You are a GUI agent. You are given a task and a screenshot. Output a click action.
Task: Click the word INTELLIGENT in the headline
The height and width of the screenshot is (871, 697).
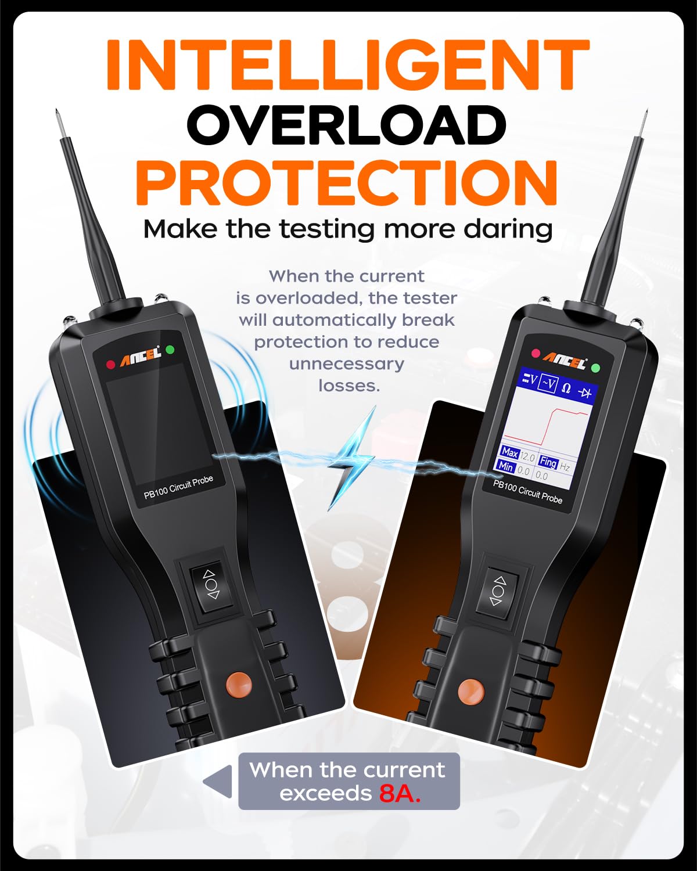(x=347, y=65)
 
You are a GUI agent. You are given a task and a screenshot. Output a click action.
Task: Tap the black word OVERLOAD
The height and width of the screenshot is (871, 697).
(x=347, y=125)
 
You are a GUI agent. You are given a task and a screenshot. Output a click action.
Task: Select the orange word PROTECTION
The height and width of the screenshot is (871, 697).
(x=347, y=182)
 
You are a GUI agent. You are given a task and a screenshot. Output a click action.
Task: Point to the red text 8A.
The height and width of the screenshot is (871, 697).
(x=400, y=794)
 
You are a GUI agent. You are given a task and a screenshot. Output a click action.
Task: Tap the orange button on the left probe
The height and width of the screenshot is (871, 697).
(x=239, y=684)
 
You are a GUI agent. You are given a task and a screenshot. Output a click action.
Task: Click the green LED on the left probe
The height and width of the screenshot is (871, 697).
(x=170, y=350)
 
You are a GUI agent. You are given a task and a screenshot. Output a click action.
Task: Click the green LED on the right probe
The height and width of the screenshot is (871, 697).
(x=595, y=368)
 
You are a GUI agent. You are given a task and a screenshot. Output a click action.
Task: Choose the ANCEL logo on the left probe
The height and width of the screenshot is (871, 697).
(x=140, y=356)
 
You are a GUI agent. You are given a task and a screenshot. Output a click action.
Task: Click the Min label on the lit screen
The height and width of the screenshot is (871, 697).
(x=505, y=466)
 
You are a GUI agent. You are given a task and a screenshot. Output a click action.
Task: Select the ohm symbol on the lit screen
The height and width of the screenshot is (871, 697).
(x=566, y=388)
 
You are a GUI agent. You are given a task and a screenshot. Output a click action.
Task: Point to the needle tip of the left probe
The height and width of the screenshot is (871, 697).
(x=57, y=110)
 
